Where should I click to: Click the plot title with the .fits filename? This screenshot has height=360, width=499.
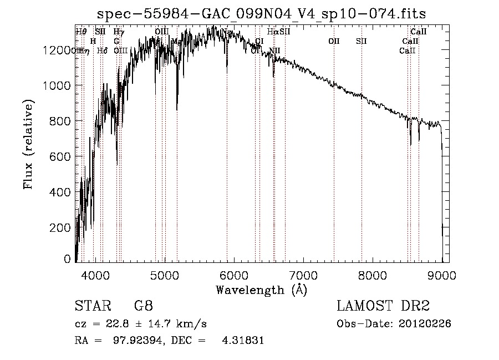pos(262,13)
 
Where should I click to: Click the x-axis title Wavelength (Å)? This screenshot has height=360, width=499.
pos(262,290)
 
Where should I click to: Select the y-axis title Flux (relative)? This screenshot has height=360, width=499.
pos(28,145)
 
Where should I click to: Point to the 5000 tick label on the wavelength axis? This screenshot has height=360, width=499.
pos(165,274)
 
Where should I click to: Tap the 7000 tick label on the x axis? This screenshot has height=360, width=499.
pos(303,274)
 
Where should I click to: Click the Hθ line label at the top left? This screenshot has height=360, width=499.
pos(81,32)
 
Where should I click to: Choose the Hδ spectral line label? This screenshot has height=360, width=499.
pos(102,50)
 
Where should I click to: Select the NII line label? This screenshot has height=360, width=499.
pos(274,50)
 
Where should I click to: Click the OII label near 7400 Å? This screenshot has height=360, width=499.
pos(334,41)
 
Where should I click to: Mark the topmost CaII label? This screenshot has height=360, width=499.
pos(418,32)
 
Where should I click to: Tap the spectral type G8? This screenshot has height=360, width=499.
pos(143,306)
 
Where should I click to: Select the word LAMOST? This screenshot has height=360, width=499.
pos(364,306)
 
